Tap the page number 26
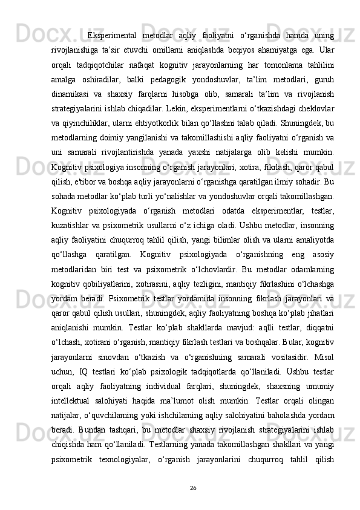tap(193, 487)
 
